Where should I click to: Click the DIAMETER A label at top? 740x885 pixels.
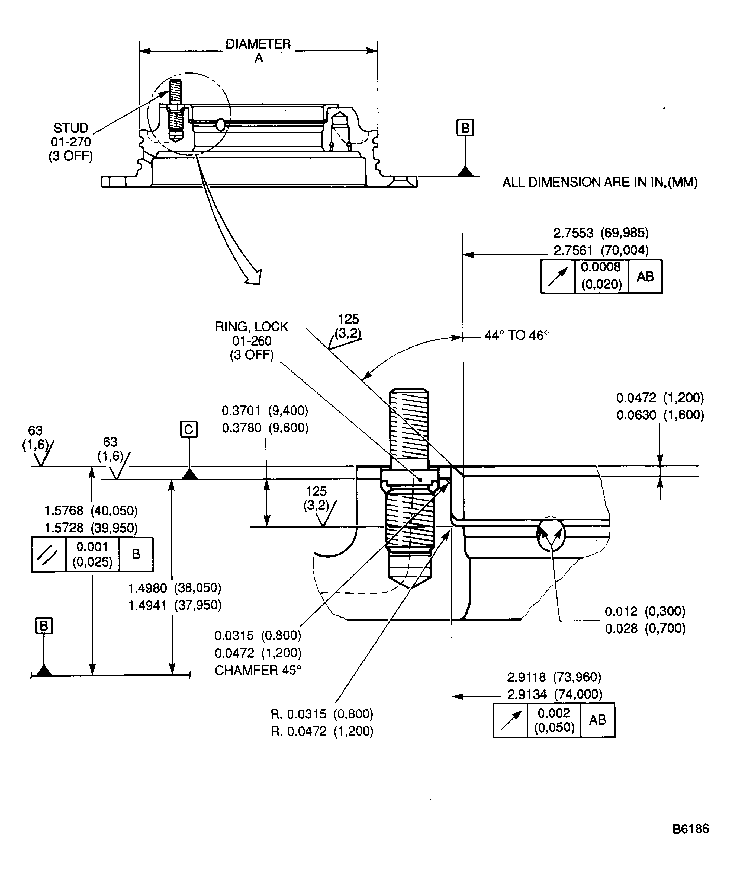click(258, 50)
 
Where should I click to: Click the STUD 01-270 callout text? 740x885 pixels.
click(70, 142)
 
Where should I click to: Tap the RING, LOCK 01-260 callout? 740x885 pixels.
click(252, 340)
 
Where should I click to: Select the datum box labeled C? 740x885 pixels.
click(189, 429)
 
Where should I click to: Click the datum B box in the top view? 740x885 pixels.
click(465, 128)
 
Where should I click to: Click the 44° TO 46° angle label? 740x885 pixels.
click(516, 336)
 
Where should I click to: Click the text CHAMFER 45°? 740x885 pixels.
click(258, 670)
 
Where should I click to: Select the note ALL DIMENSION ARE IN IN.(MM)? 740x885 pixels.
click(600, 183)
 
